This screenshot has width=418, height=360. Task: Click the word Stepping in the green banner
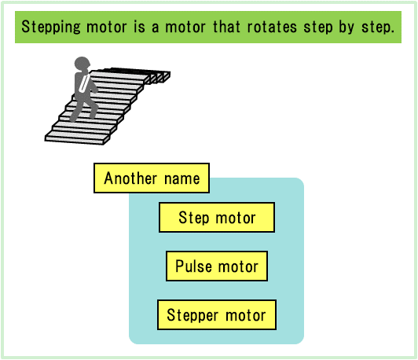[x=51, y=28]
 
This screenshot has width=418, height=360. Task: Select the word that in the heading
[x=226, y=27]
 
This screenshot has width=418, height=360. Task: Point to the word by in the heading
[x=346, y=28]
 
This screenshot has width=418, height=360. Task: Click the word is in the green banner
[x=139, y=27]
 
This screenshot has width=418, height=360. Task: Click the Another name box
[x=152, y=178]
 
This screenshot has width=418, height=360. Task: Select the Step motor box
[x=217, y=217]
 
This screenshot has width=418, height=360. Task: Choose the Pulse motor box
[x=217, y=266]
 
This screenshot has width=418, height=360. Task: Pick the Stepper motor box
[x=217, y=315]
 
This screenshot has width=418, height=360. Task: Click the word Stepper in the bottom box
[x=192, y=315]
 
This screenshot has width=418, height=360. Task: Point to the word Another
[x=130, y=178]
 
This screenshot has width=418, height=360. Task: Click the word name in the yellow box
[x=181, y=178]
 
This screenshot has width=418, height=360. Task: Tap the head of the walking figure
[x=82, y=64]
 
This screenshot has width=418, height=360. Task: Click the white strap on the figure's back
[x=84, y=83]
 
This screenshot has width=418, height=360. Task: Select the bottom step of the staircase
[x=77, y=138]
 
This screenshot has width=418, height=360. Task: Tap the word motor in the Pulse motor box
[x=238, y=266]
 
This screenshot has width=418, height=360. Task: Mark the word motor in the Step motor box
[x=236, y=218]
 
